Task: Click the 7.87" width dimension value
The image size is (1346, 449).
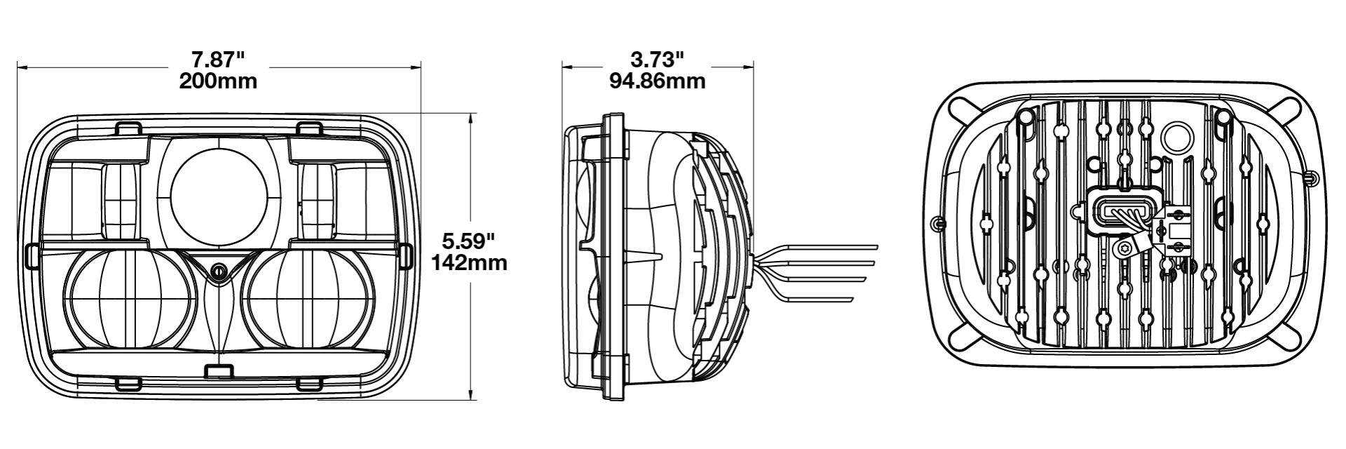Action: click(217, 58)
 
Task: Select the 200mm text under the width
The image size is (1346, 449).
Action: click(217, 81)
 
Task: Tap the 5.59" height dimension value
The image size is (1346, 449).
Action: click(468, 242)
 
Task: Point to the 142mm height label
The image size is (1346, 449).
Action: click(468, 264)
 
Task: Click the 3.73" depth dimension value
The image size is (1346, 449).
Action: click(657, 58)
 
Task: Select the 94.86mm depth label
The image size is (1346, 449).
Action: click(657, 81)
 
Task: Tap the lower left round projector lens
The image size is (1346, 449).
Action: click(129, 301)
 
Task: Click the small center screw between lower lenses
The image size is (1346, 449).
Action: click(219, 271)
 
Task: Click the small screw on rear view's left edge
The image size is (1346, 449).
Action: click(938, 223)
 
